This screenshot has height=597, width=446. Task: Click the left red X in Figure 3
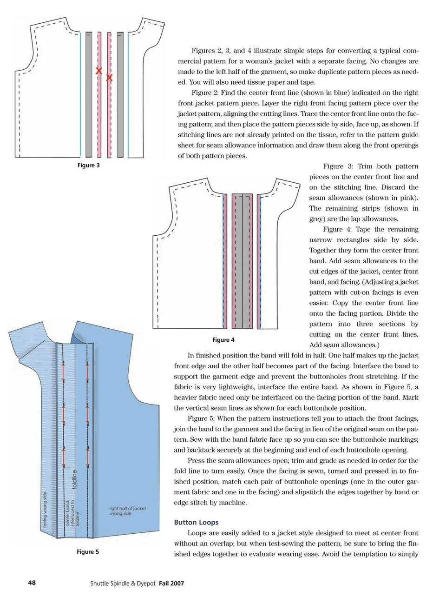coord(98,71)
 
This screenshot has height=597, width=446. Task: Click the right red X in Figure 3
coord(109,78)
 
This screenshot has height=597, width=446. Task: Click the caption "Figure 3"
coord(88,165)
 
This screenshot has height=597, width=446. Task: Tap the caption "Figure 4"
coord(223,340)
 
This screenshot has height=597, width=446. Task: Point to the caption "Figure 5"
coord(88,552)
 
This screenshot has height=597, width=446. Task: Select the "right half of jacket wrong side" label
coord(127,511)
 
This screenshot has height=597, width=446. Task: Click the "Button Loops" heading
coord(196,523)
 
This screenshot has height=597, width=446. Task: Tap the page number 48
coord(32,583)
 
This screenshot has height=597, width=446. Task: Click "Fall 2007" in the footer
coord(171,583)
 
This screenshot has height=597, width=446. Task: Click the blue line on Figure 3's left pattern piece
coord(80,95)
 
